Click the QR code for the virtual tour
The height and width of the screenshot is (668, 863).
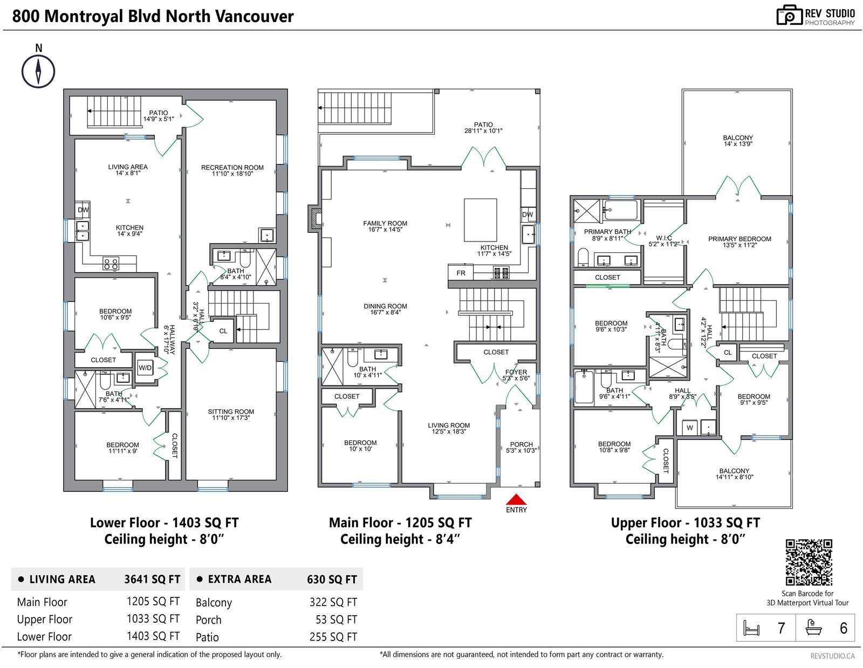tap(809, 562)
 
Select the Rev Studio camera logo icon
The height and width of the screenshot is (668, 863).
tap(790, 15)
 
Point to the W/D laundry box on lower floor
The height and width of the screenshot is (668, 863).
tap(145, 368)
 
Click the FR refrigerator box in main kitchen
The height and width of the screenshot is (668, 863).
tap(461, 273)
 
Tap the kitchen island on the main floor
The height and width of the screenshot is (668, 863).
tap(480, 220)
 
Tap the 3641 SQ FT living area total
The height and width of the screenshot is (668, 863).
tap(152, 580)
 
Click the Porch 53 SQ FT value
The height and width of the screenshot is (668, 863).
tap(337, 619)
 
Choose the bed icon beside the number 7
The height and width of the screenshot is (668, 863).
tap(751, 628)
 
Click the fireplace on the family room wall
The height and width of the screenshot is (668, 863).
tap(316, 219)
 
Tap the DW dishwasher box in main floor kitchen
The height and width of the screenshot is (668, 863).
tap(528, 215)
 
